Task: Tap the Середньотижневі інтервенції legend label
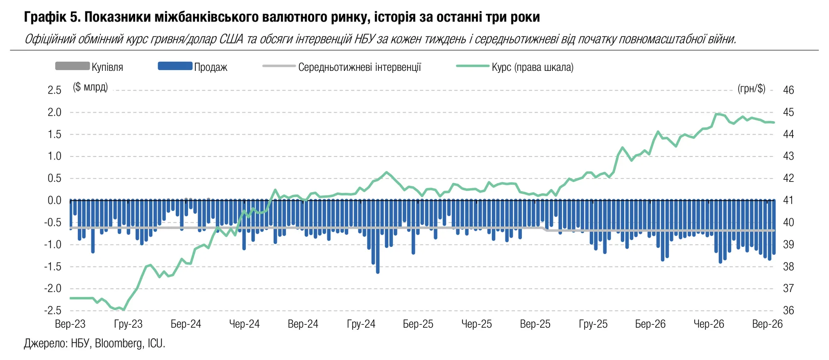coord(359,67)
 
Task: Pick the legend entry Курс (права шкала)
coord(533,67)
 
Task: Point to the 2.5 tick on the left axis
coord(54,90)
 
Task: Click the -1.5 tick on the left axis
coord(53,266)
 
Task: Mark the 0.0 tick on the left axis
coord(54,201)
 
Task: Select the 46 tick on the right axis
coord(788,90)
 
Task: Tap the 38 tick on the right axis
coord(788,266)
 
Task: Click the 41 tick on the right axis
coord(788,201)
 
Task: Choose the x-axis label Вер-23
coord(70,324)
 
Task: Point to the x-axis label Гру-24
coord(361,324)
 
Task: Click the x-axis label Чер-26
coord(709,324)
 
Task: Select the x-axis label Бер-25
coord(418,324)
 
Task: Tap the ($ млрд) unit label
coord(90,87)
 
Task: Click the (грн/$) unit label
coord(751,89)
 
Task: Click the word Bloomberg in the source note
coord(119,343)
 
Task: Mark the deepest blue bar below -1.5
coord(378,237)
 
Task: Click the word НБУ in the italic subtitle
coord(365,39)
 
